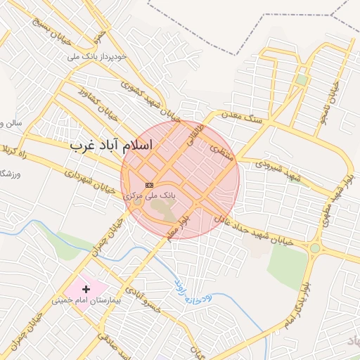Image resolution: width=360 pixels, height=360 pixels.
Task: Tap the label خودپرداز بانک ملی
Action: [98, 56]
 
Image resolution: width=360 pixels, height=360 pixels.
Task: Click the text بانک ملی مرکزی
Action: [150, 195]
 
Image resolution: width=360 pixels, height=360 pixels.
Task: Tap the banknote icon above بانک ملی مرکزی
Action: [148, 184]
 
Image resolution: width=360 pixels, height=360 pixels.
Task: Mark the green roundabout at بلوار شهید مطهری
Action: [314, 247]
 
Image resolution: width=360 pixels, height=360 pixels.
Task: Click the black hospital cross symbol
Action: [86, 289]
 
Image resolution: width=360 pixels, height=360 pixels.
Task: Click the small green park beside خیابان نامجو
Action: [301, 79]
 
